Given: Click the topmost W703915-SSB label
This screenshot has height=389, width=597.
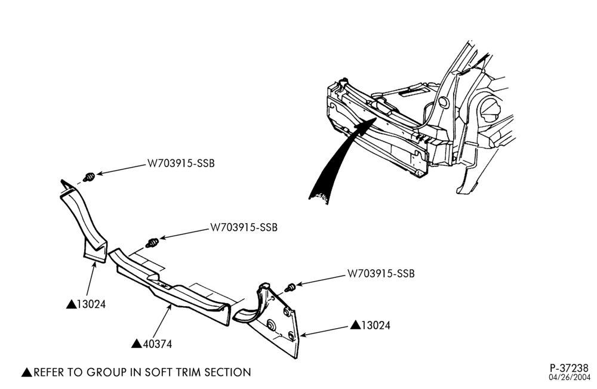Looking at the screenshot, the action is click(181, 163).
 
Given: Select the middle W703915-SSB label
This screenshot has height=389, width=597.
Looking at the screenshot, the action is click(244, 227).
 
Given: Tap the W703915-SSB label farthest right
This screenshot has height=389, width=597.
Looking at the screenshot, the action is click(381, 274).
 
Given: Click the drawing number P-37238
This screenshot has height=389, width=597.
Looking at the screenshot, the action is click(569, 368).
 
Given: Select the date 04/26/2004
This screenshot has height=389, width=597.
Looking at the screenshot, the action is click(569, 377).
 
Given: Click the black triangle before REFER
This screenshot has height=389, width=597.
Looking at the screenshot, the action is click(27, 372).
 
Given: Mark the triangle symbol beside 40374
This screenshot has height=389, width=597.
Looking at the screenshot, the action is click(137, 344).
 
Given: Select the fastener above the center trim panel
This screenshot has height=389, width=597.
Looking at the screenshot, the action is click(153, 242).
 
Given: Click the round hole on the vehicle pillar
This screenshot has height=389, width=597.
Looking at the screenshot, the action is click(443, 101).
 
